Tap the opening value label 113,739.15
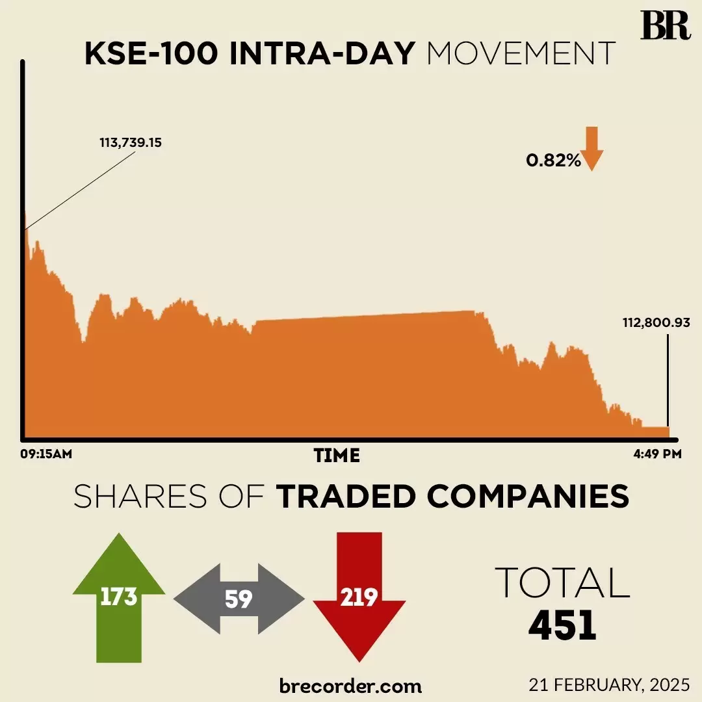point(131,142)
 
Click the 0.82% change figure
point(553,161)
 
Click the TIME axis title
point(337,456)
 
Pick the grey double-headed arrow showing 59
point(239,599)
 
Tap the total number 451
point(562,626)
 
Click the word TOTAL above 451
point(562,582)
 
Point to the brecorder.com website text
point(350,686)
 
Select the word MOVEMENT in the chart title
point(521,54)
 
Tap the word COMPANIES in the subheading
point(528,497)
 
